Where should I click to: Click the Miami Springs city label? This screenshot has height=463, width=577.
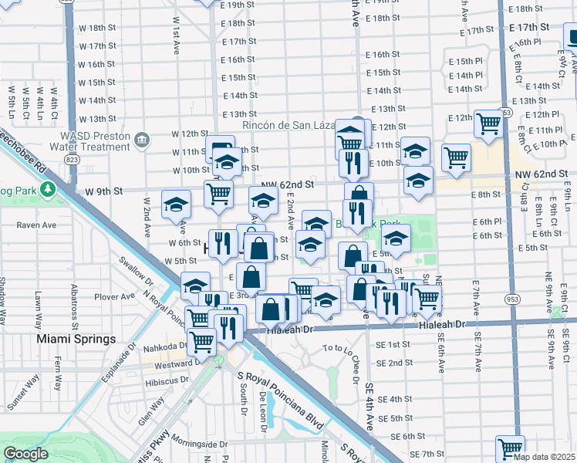coord(75,339)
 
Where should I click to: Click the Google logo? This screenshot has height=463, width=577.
coord(25,454)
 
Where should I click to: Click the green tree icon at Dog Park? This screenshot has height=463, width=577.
coord(49,188)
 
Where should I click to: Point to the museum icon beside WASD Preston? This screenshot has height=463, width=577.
coord(142,139)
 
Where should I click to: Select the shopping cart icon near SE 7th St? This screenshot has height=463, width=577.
coord(510,448)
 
